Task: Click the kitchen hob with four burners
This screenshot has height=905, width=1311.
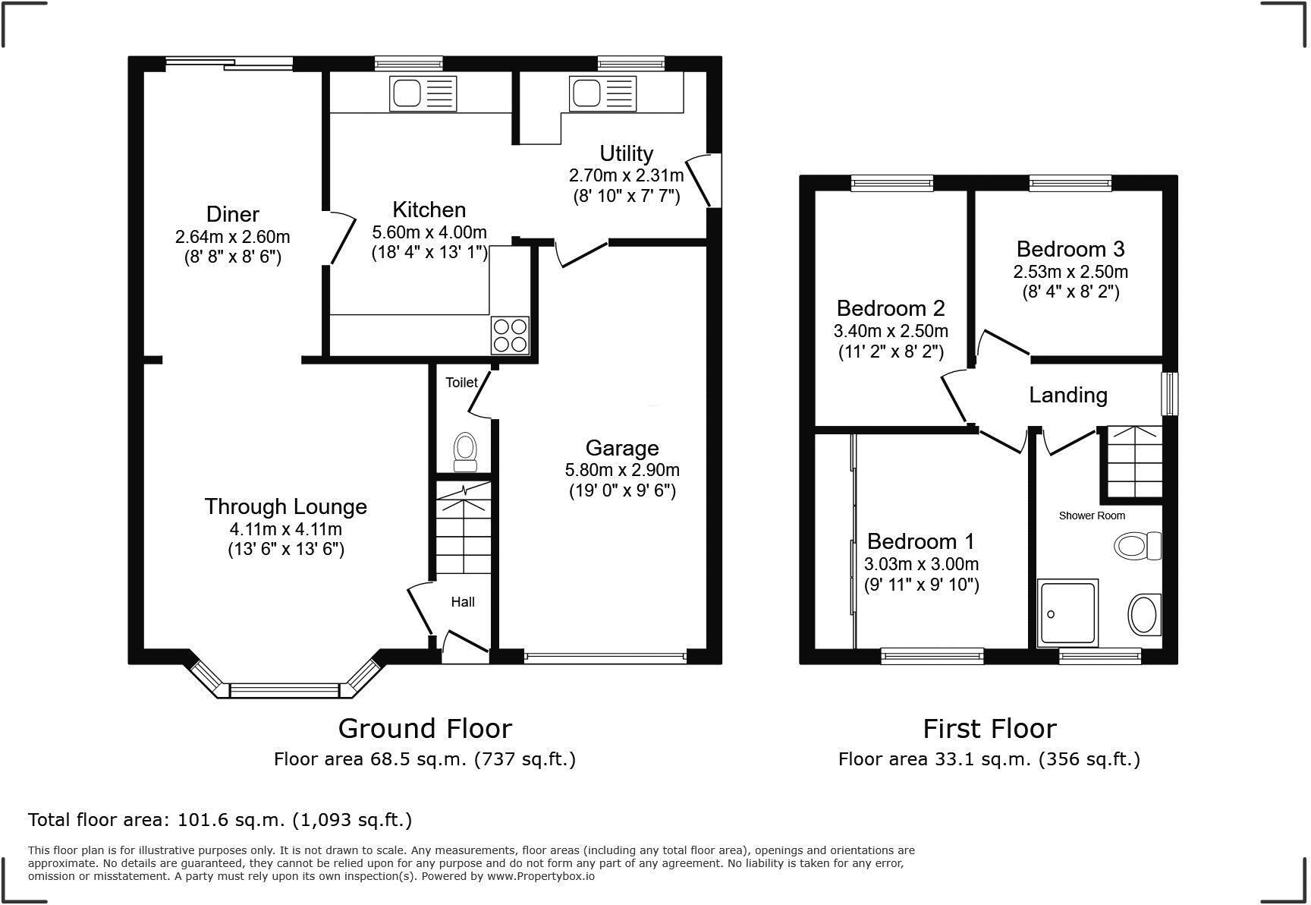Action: click(510, 335)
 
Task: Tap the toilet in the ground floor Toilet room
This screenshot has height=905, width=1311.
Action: click(464, 451)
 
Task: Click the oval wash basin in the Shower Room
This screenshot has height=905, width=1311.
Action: click(1144, 614)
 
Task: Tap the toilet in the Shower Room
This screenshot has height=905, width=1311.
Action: click(1138, 545)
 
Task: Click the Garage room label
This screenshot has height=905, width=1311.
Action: click(622, 448)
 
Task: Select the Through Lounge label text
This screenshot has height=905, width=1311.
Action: click(285, 506)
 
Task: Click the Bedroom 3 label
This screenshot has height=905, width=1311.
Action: click(1070, 249)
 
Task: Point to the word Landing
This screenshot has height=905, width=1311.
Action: click(1067, 395)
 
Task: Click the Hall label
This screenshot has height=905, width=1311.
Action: click(463, 602)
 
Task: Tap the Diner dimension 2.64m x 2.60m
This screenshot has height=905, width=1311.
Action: click(232, 237)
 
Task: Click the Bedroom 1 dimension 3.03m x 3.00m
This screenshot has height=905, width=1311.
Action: click(921, 564)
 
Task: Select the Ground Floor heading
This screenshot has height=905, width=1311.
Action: click(425, 729)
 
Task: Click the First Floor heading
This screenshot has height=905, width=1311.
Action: click(989, 729)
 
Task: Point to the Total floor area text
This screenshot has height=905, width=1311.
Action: click(220, 820)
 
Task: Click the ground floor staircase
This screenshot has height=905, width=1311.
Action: click(463, 531)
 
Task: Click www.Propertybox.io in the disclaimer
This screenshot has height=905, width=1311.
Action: click(540, 876)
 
